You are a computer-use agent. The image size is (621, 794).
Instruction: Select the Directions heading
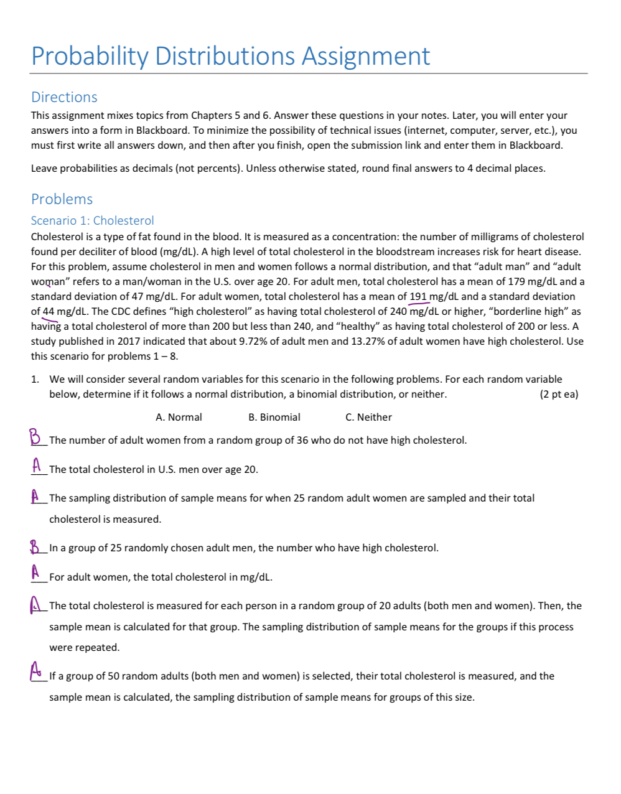click(x=64, y=97)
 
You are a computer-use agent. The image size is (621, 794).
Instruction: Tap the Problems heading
click(x=62, y=199)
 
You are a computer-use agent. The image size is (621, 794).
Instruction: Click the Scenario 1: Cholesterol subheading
click(x=92, y=220)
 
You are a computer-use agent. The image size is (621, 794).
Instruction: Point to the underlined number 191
click(x=418, y=297)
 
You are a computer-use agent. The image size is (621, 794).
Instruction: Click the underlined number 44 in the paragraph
click(x=49, y=312)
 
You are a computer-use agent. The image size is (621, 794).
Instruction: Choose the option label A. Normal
click(x=179, y=418)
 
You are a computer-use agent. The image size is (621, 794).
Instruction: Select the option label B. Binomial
click(x=274, y=418)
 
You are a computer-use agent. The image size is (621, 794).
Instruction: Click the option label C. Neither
click(x=368, y=418)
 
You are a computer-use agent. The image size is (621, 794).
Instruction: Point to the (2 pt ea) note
click(x=559, y=395)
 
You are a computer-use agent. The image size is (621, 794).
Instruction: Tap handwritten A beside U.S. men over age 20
click(x=37, y=465)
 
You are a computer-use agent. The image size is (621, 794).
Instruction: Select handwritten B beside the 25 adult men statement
click(x=35, y=547)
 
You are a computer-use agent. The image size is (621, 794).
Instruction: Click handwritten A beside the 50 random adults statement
click(x=35, y=671)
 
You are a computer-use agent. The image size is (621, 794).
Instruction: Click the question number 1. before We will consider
click(x=35, y=380)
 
